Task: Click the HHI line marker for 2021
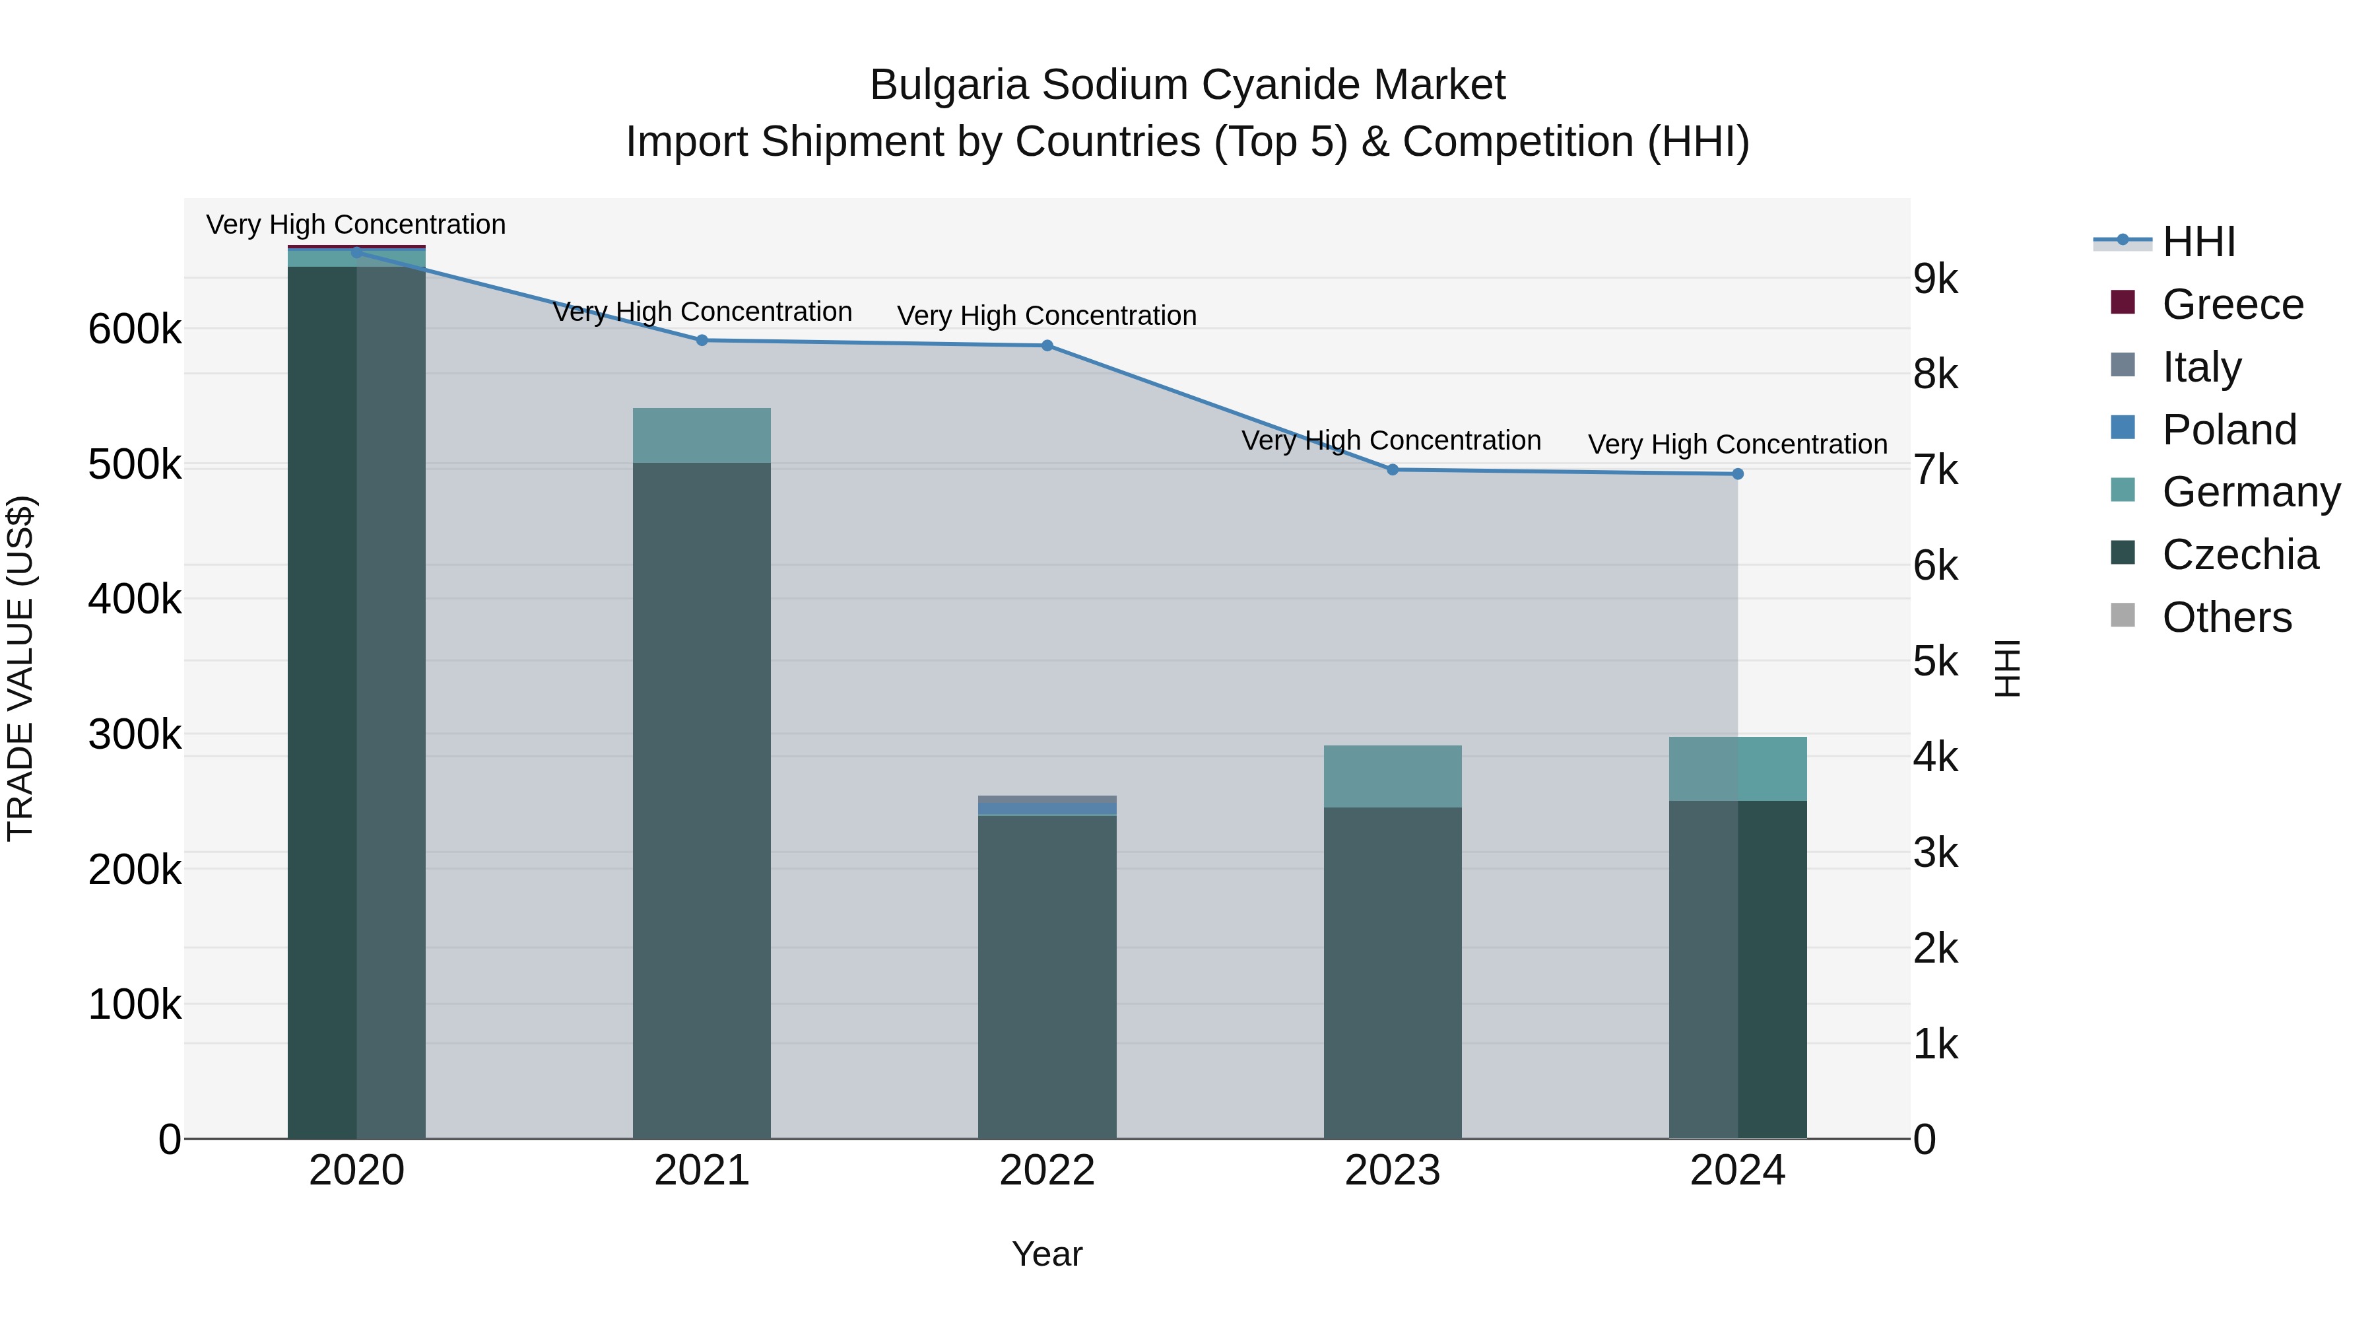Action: (702, 341)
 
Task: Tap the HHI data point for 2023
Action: (1393, 469)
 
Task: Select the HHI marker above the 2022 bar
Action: (1047, 346)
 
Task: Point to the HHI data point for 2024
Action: (1738, 474)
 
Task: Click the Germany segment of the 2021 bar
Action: (702, 436)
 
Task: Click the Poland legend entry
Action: (2228, 430)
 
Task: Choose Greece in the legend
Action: (2232, 304)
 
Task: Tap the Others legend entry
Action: (2227, 617)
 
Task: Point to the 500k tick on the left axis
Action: (135, 465)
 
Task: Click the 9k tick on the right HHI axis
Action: (1935, 279)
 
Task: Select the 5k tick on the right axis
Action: (1935, 662)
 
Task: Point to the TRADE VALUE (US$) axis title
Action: (21, 668)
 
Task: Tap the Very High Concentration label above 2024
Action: (1738, 445)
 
